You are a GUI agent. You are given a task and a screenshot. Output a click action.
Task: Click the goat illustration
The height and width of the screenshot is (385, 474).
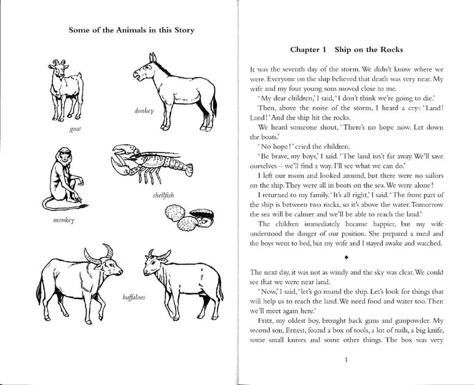[x=65, y=90]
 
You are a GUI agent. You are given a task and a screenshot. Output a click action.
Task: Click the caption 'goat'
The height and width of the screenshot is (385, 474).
[x=75, y=130]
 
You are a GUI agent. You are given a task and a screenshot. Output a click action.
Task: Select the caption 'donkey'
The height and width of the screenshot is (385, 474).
[x=144, y=111]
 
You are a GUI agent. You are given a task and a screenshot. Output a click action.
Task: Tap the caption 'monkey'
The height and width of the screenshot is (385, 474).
[x=64, y=221]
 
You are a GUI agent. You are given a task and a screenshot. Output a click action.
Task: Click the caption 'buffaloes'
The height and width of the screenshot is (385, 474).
[x=133, y=298]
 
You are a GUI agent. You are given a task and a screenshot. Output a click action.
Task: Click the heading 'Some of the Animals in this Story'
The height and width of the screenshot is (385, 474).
[x=131, y=30]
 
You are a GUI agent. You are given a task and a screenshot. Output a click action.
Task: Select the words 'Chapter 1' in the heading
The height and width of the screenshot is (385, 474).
[x=308, y=50]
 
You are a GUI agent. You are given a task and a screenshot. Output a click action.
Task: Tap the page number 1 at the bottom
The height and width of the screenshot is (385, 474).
[x=347, y=359]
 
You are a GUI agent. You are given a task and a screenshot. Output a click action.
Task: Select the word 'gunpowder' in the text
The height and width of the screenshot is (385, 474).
[x=404, y=322]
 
